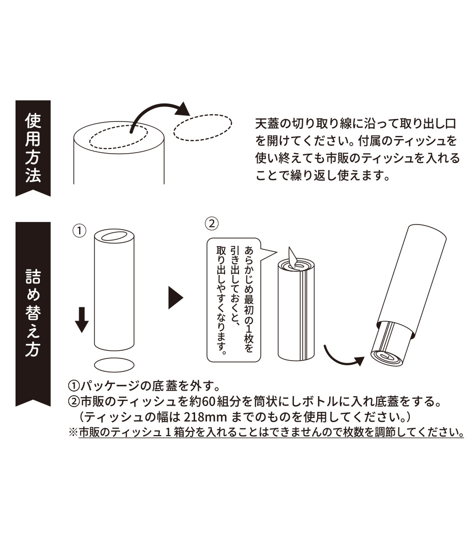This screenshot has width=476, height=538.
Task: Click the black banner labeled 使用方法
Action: click(x=33, y=148)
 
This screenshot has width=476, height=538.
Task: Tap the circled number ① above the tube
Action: click(x=79, y=231)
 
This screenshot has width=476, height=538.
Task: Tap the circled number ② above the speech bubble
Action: click(x=212, y=223)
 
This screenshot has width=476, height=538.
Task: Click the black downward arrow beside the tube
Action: click(x=82, y=320)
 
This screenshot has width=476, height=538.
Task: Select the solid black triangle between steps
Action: click(x=176, y=298)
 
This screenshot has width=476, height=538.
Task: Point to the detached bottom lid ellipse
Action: click(x=114, y=365)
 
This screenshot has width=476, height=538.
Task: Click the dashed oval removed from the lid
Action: click(x=202, y=127)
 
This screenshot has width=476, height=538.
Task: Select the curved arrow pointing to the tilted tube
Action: click(x=343, y=357)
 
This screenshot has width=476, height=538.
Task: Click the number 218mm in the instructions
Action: click(x=205, y=417)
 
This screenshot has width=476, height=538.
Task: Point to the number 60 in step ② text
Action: click(x=207, y=401)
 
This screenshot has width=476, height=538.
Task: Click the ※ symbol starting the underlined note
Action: click(x=73, y=432)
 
